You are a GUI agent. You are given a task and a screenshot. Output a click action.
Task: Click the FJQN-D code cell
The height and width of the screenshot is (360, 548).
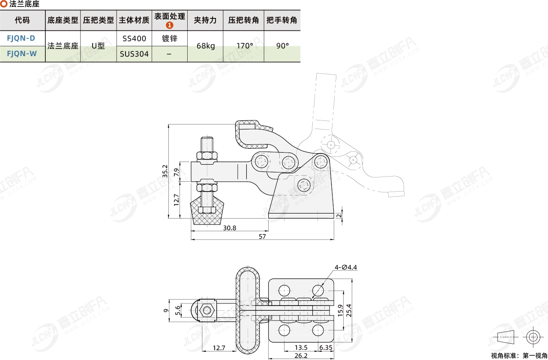tap(21, 38)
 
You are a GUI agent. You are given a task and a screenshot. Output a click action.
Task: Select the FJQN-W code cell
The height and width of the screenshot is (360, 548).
tap(22, 54)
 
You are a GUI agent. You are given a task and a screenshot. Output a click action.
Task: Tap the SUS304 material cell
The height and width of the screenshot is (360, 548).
tap(134, 54)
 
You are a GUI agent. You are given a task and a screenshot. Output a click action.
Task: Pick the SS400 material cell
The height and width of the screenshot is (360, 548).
tap(134, 39)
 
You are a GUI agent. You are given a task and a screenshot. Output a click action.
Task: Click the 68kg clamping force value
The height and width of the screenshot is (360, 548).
tap(206, 46)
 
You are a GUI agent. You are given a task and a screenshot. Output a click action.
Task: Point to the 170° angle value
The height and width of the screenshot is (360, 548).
tap(245, 46)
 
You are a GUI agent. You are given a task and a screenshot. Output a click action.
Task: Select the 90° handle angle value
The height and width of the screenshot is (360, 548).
tap(282, 46)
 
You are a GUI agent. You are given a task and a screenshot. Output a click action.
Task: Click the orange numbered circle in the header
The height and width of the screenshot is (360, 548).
tap(169, 25)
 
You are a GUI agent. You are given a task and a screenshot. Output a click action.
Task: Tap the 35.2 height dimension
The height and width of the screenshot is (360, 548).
tap(165, 171)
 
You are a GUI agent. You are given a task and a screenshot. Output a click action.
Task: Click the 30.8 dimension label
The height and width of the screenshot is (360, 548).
tap(230, 228)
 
